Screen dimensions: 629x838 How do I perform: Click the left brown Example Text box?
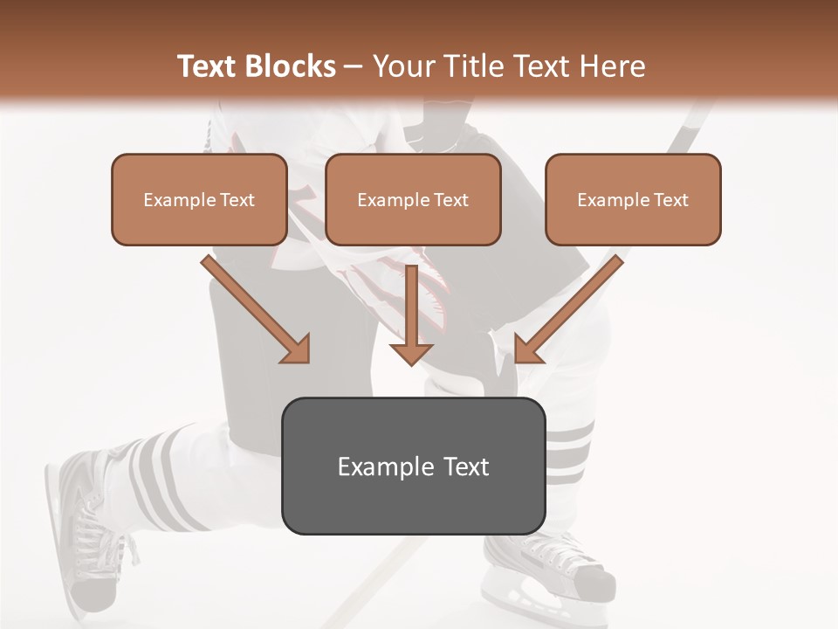click(x=199, y=199)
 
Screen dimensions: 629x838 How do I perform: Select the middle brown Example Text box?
click(x=413, y=199)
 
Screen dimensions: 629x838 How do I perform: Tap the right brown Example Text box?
click(x=633, y=199)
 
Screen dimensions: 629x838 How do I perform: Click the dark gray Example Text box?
click(x=413, y=466)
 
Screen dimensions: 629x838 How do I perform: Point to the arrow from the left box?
click(x=253, y=306)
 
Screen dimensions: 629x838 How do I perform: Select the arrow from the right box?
click(x=572, y=306)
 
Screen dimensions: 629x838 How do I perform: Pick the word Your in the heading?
click(x=403, y=66)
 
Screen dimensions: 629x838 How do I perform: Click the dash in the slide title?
click(x=353, y=66)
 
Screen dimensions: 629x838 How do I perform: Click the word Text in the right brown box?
click(x=671, y=199)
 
